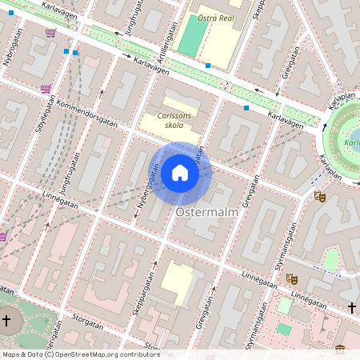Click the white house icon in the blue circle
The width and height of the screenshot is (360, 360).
[180, 172]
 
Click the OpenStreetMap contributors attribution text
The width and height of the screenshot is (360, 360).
[80, 354]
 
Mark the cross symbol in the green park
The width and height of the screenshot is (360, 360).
[7, 321]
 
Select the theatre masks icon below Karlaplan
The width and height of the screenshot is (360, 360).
[320, 195]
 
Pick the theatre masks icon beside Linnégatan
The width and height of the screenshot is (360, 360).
[292, 278]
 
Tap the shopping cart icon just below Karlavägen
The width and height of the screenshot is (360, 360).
[50, 33]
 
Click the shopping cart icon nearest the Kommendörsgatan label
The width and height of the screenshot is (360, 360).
[46, 88]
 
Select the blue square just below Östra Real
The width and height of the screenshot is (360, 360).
[208, 65]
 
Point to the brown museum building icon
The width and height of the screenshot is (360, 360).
[340, 349]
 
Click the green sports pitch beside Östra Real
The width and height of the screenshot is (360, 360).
[192, 36]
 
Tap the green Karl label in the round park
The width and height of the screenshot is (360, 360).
[350, 143]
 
